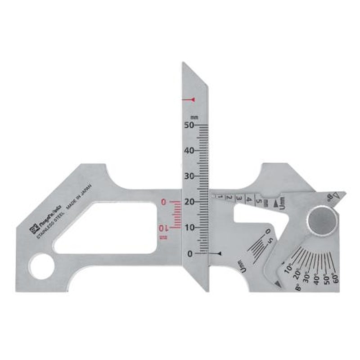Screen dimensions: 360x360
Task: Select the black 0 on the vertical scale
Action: pyautogui.click(x=190, y=254)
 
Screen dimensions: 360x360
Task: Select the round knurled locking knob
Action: pyautogui.click(x=322, y=220)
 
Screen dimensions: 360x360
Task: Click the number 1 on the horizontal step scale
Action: pyautogui.click(x=220, y=196)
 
